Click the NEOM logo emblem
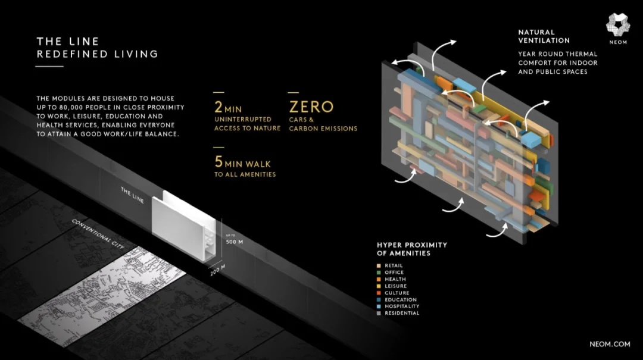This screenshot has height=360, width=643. pyautogui.click(x=618, y=25)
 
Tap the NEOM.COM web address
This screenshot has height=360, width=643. pyautogui.click(x=610, y=344)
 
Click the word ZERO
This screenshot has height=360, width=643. pyautogui.click(x=311, y=107)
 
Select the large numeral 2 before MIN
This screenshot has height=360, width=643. pyautogui.click(x=219, y=107)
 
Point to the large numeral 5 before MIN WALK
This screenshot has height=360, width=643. pyautogui.click(x=219, y=162)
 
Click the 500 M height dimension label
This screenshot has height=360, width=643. pyautogui.click(x=235, y=242)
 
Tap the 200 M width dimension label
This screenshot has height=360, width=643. pyautogui.click(x=218, y=270)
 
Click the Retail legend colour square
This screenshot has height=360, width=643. pyautogui.click(x=379, y=266)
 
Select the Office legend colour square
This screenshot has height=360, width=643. pyautogui.click(x=379, y=273)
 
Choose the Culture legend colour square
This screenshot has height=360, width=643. pyautogui.click(x=379, y=293)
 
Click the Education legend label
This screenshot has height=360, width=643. pyautogui.click(x=401, y=300)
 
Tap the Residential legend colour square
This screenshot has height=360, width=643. pyautogui.click(x=379, y=313)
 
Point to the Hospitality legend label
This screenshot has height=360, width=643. pyautogui.click(x=402, y=306)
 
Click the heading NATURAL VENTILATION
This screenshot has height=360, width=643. pyautogui.click(x=544, y=36)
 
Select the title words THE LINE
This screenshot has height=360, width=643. pyautogui.click(x=68, y=42)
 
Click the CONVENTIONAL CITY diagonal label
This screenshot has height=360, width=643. pyautogui.click(x=98, y=234)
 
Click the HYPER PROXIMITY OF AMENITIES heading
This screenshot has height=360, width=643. pyautogui.click(x=412, y=249)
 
